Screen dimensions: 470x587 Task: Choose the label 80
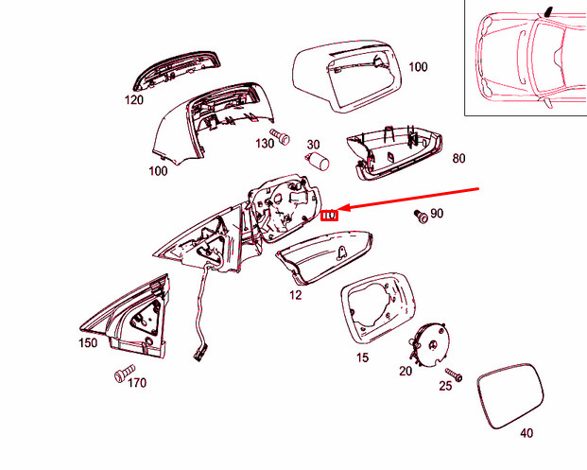(458, 158)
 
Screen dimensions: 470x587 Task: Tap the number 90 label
(436, 215)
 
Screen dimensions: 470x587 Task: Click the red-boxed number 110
(329, 217)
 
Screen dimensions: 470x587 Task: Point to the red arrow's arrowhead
(343, 209)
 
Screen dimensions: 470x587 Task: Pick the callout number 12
(295, 296)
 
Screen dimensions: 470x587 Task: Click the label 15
(362, 358)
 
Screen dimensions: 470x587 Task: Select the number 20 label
(406, 371)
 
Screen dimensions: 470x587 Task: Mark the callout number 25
(445, 387)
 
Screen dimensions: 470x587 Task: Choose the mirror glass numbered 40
(510, 392)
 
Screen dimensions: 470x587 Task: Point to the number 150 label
(87, 342)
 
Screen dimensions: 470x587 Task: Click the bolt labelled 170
(122, 376)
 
